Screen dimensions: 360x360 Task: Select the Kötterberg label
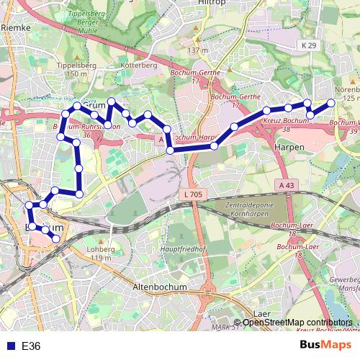140,65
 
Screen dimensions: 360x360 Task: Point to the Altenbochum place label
160,287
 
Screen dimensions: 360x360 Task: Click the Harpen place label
289,146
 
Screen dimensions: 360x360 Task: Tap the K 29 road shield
308,45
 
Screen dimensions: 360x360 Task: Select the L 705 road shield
192,195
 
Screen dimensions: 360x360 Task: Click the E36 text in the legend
31,346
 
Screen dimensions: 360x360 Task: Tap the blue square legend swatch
9,346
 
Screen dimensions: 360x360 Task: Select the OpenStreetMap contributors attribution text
297,323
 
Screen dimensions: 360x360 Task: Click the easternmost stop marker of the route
332,103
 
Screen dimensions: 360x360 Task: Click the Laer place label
263,314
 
